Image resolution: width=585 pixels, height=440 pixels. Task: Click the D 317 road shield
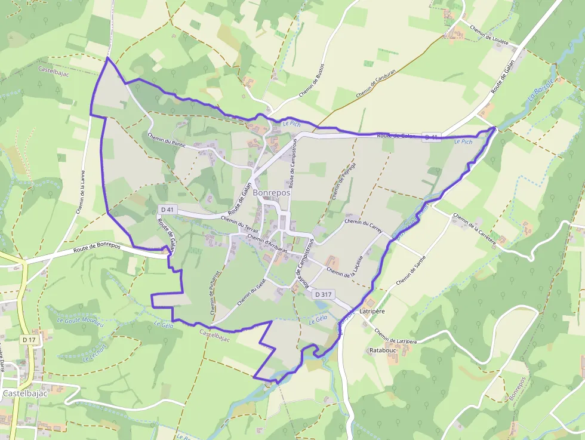tap(323, 294)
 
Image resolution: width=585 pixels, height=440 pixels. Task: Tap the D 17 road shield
tap(29, 340)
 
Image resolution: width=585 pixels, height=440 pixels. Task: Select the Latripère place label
tap(373, 312)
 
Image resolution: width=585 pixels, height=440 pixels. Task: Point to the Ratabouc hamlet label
tap(383, 350)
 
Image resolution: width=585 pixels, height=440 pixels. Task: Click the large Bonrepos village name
tap(272, 193)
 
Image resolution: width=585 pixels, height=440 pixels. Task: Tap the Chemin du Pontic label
tap(167, 140)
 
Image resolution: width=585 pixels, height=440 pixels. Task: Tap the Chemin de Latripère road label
tap(395, 336)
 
